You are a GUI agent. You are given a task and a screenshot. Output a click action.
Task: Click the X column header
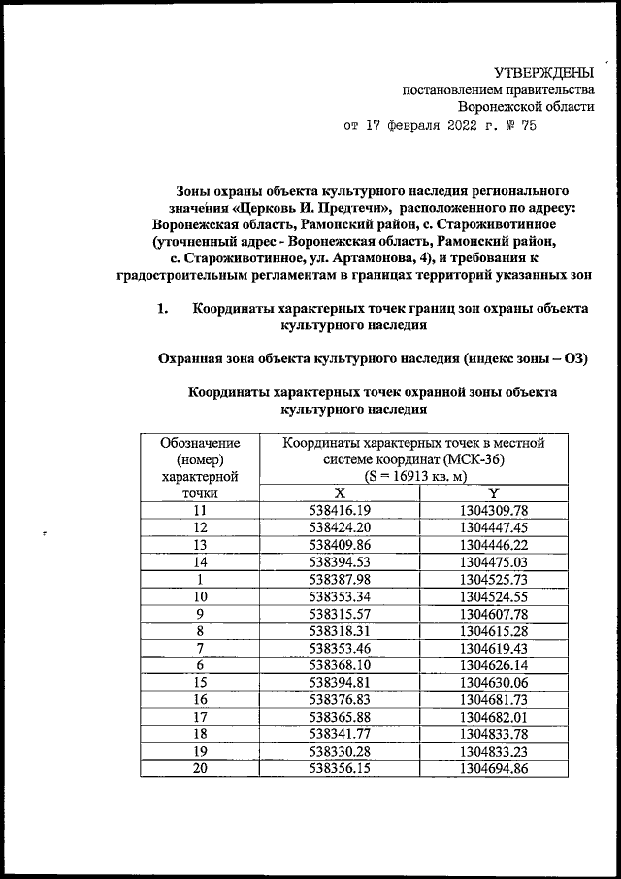[x=341, y=492]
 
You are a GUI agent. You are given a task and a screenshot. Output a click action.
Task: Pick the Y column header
[x=494, y=492]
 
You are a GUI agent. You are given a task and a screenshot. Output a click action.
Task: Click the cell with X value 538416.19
[x=341, y=510]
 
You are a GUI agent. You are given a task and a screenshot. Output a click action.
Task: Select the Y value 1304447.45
[x=494, y=527]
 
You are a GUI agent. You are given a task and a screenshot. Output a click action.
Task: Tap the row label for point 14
[x=200, y=561]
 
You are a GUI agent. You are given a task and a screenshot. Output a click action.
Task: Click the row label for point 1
[x=200, y=579]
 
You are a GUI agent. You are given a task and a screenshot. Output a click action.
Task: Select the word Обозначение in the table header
[x=201, y=443]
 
